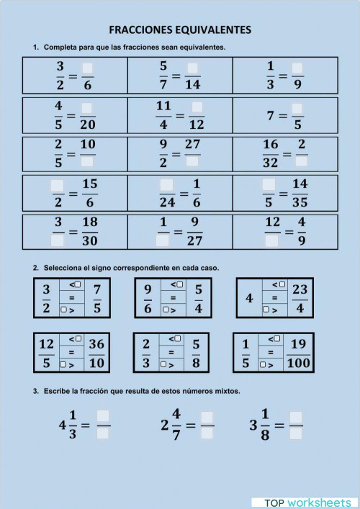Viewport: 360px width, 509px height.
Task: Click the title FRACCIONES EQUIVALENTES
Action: pos(180,30)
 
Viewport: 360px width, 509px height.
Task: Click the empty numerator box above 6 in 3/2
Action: pos(88,68)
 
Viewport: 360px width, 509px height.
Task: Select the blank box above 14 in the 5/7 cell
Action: pos(192,68)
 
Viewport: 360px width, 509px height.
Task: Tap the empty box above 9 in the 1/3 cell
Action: pos(297,68)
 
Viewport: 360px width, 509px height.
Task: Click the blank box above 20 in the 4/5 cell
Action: pos(88,108)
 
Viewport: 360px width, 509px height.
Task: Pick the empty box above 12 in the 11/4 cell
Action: pos(197,108)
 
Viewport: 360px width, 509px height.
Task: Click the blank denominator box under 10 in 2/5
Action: pos(88,161)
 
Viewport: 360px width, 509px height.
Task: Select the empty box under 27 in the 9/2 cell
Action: pos(192,161)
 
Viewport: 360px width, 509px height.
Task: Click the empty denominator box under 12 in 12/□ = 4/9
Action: pos(272,240)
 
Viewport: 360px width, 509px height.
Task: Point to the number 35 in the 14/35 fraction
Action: pos(300,202)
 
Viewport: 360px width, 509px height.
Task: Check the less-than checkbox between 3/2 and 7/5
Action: pos(78,284)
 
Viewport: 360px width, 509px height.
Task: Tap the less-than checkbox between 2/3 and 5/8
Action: pos(179,338)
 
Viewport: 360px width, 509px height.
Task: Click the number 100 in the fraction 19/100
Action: pos(298,362)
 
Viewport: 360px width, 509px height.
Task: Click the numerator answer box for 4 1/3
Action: pos(103,415)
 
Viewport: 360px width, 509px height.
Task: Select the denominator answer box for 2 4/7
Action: pos(207,433)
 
